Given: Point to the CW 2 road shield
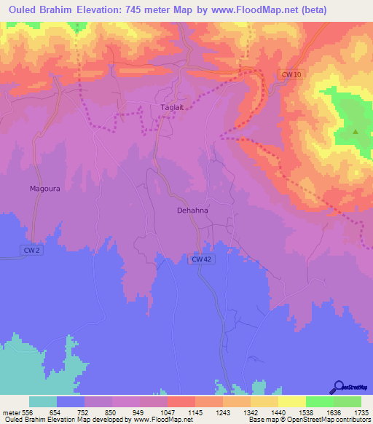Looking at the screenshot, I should coord(28,250).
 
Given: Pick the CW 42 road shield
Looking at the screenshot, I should coord(201,259).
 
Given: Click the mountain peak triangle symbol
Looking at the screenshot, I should coord(356,132).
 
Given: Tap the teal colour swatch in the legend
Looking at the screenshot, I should coord(43,401).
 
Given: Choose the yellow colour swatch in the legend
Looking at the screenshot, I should coord(291,401).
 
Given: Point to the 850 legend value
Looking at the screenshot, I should coord(111,412).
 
